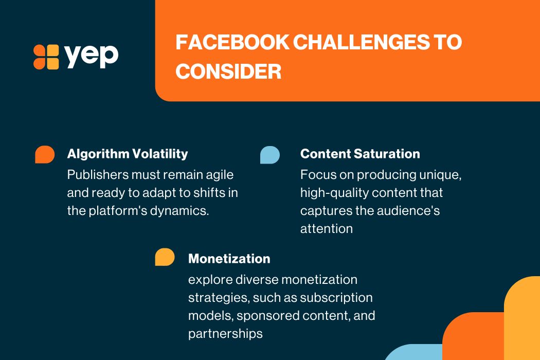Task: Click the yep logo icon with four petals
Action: (x=46, y=57)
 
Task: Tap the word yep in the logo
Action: (x=91, y=56)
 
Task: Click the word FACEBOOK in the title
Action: (x=232, y=42)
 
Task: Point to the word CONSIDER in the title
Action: (x=228, y=71)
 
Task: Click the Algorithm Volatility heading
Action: (x=128, y=154)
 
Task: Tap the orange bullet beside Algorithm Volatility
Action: (x=45, y=154)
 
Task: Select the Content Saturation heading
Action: (x=360, y=154)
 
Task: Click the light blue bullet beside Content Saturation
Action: (x=270, y=155)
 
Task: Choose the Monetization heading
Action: (x=229, y=258)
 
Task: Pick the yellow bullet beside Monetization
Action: (x=165, y=257)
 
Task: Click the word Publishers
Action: (x=98, y=175)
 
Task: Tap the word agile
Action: (x=220, y=175)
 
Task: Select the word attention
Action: (x=327, y=229)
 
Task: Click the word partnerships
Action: (x=225, y=334)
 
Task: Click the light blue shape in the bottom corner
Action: (x=413, y=353)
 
